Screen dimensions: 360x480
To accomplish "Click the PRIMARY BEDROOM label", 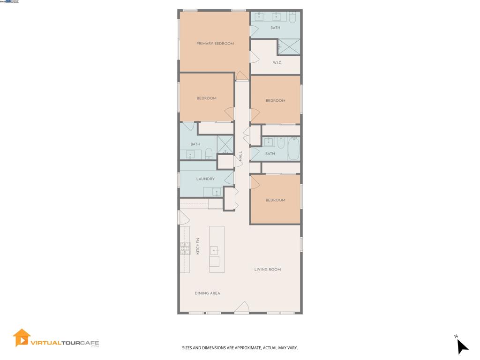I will [215, 44].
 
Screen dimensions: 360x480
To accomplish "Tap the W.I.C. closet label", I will [277, 63].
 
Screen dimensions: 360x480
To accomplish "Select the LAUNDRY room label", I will [205, 179].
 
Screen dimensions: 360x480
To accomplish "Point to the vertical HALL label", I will [240, 156].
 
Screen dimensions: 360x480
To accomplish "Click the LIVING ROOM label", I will [268, 270].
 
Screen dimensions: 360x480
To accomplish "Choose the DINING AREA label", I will [207, 293].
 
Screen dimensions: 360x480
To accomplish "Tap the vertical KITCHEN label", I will [198, 246].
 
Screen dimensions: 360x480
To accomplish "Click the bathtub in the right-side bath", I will [293, 149].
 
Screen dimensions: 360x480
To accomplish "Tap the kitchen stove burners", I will [185, 248].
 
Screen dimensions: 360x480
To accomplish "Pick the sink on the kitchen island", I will [214, 250].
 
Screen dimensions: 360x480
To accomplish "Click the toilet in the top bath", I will [292, 18].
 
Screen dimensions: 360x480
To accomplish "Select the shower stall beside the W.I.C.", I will [289, 47].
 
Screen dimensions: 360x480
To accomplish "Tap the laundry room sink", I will [216, 191].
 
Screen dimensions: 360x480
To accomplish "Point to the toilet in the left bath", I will [209, 153].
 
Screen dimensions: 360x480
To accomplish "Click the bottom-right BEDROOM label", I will [275, 200].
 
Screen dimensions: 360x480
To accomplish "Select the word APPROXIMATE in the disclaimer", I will [243, 348].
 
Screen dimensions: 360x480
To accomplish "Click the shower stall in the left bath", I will [225, 144].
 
